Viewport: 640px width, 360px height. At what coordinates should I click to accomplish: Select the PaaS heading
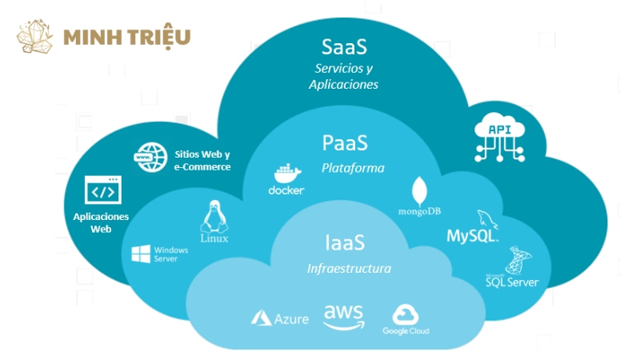click(x=345, y=144)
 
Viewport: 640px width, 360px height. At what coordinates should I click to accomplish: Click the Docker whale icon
click(x=286, y=174)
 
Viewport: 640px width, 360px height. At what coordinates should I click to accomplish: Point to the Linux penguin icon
click(x=213, y=216)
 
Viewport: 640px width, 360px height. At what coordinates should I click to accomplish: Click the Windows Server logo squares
click(x=142, y=254)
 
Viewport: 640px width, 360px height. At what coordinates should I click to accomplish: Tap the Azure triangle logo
click(x=262, y=318)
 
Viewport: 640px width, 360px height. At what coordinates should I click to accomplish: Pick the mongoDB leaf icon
click(x=420, y=191)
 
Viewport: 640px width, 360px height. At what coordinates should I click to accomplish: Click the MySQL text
click(x=472, y=236)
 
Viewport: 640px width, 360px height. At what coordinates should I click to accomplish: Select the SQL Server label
click(x=512, y=282)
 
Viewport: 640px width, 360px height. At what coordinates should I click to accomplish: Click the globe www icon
click(x=149, y=157)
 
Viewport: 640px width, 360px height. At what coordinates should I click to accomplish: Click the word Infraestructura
click(x=349, y=268)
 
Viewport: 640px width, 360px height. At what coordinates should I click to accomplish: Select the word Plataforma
click(x=353, y=168)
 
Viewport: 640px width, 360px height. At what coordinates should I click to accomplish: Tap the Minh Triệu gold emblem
click(x=34, y=38)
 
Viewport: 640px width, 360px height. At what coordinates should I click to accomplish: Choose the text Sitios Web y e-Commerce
click(x=202, y=160)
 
